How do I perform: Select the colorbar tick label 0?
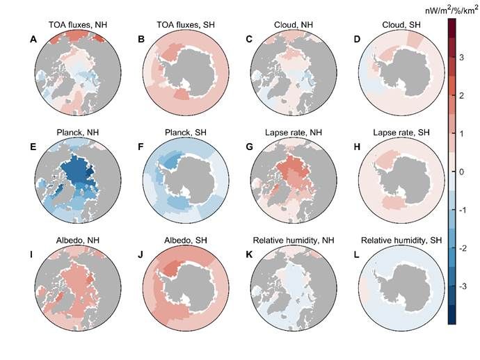coord(463,171)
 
